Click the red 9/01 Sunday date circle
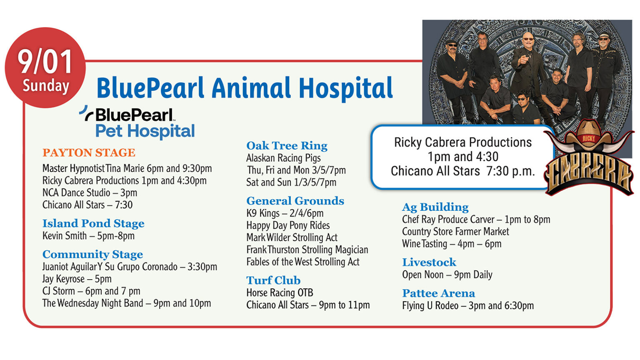[x=45, y=68]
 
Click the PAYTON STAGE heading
[x=89, y=153]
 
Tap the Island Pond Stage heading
[x=93, y=224]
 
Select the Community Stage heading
[x=92, y=255]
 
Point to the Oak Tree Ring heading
[x=287, y=146]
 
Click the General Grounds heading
[x=295, y=201]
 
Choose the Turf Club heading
[x=273, y=281]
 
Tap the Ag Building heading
[x=435, y=207]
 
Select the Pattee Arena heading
[x=438, y=294]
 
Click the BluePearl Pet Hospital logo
[x=137, y=122]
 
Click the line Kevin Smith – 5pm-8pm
[x=88, y=236]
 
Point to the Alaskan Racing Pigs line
[x=283, y=158]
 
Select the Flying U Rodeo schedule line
[x=467, y=306]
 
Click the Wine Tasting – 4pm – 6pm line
[x=452, y=244]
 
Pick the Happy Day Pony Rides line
[x=288, y=226]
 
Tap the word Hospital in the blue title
[x=345, y=88]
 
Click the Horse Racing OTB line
[x=280, y=293]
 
